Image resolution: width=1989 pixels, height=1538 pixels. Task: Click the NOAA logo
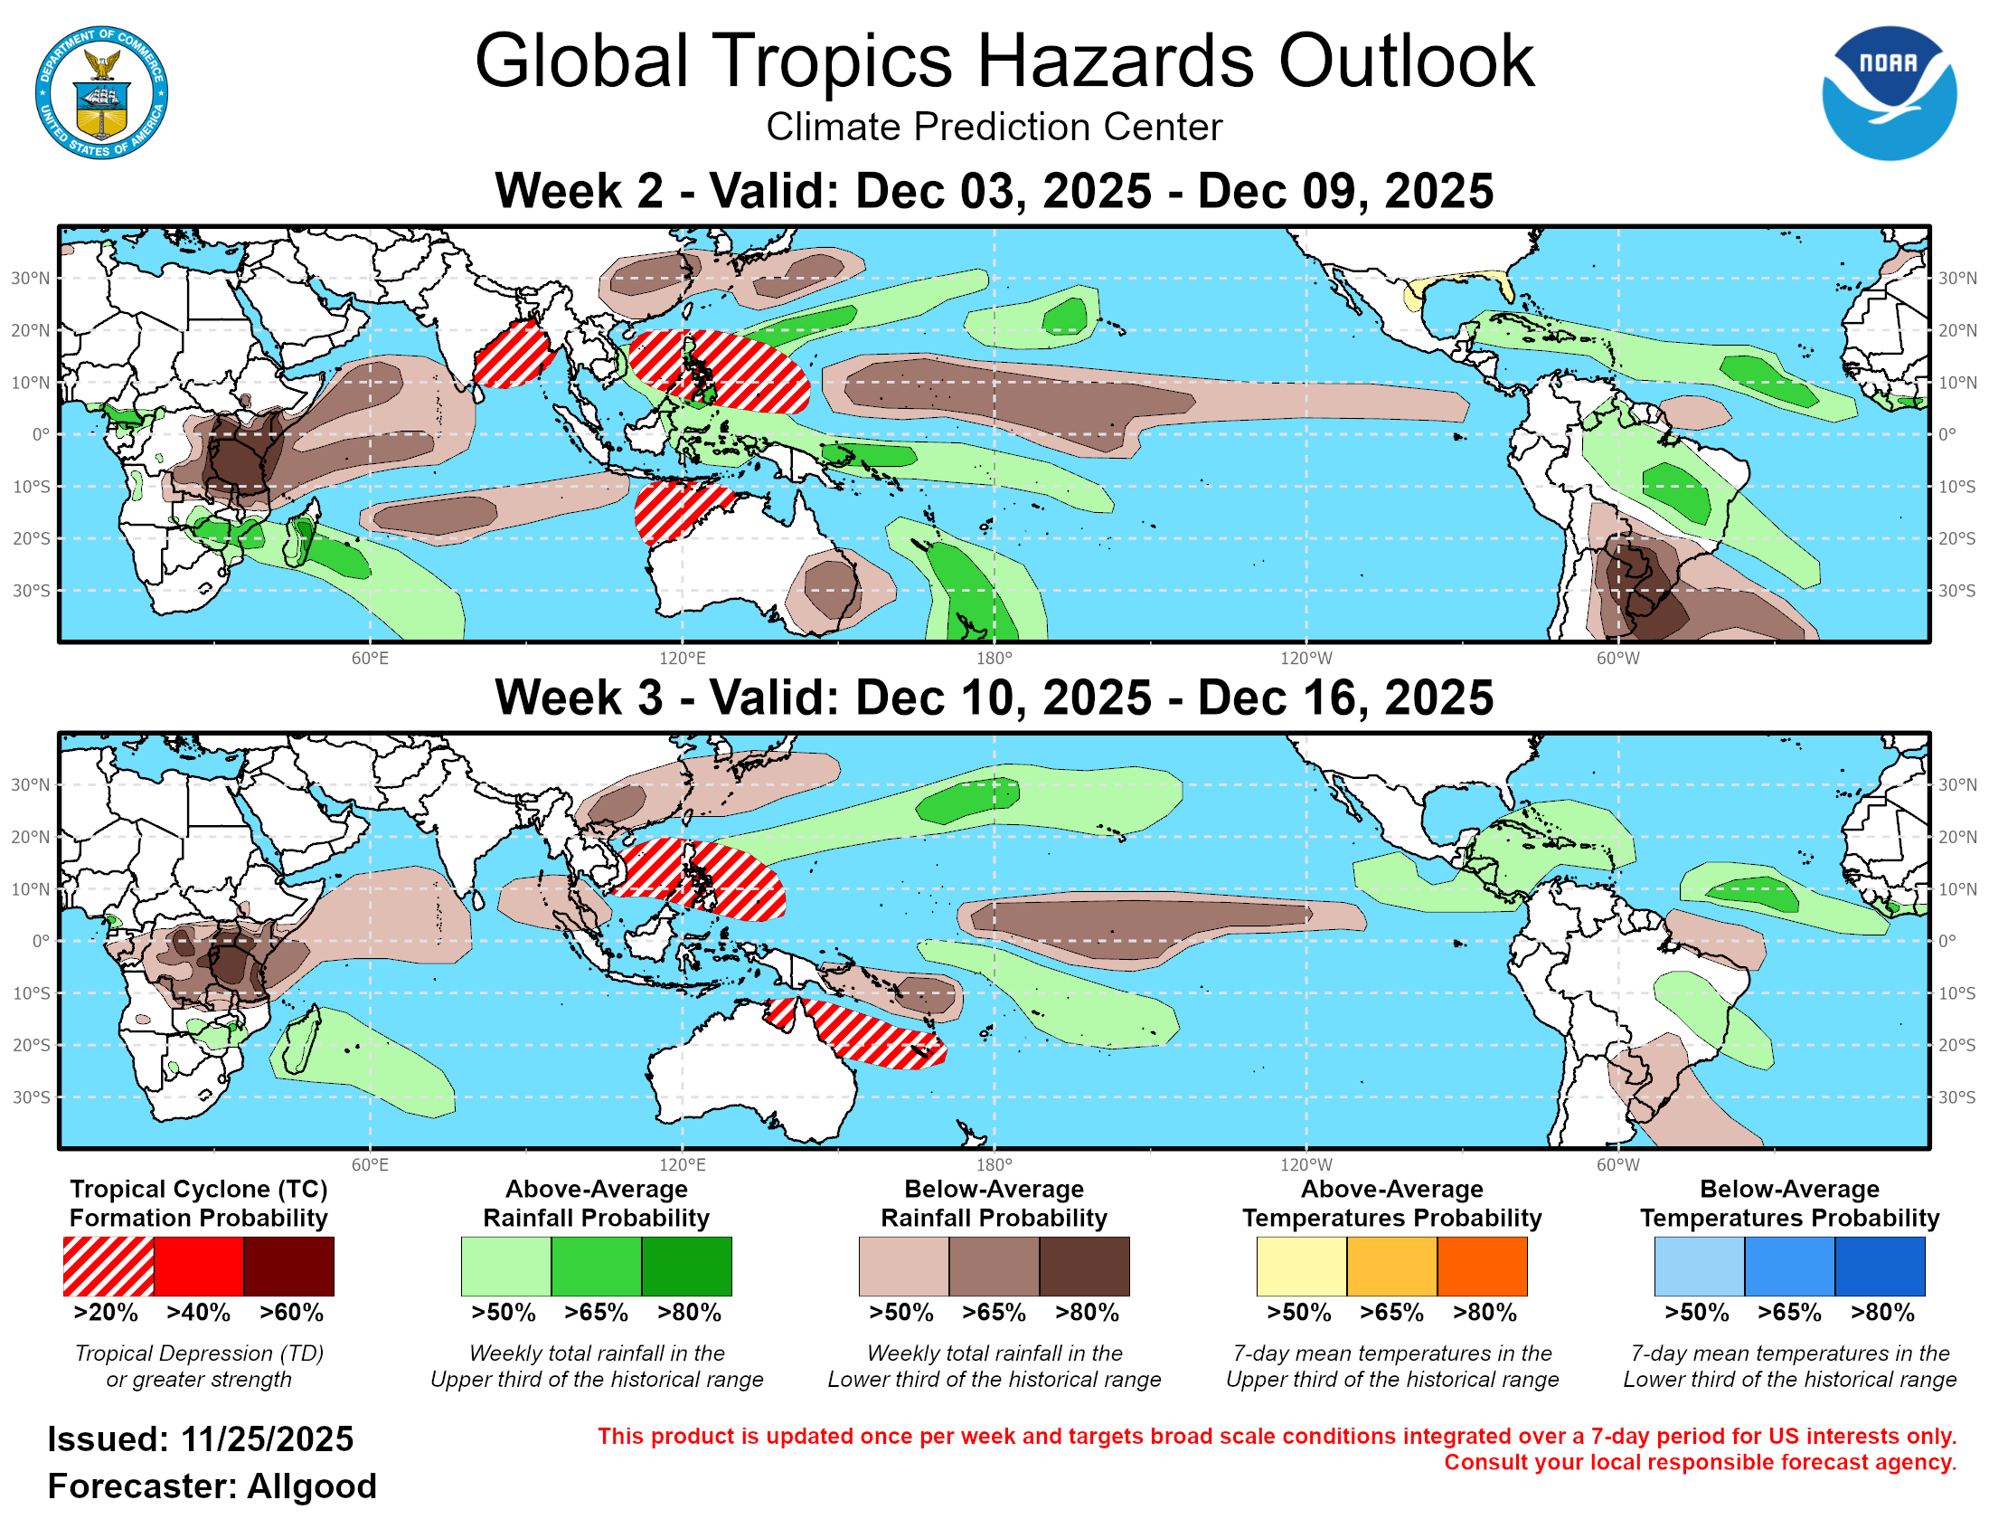coord(1888,93)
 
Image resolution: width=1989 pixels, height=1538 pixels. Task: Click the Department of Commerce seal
coord(101,93)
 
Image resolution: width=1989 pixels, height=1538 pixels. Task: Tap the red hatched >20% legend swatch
coord(108,1266)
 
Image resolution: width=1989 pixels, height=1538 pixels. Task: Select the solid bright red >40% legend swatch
coord(199,1266)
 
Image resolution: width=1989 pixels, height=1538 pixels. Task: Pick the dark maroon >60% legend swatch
coord(288,1266)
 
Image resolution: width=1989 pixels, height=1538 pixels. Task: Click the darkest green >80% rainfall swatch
coord(687,1266)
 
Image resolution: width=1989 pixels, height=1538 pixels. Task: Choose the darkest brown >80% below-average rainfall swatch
coord(1085,1266)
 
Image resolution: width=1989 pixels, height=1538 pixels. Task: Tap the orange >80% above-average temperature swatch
coord(1482,1266)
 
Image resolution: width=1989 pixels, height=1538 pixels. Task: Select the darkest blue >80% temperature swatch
coord(1880,1266)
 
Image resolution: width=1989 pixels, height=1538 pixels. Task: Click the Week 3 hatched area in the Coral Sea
coord(874,1034)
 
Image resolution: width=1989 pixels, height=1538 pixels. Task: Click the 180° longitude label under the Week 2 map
coord(994,658)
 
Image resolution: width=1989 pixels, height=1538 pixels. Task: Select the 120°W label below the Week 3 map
coord(1306,1164)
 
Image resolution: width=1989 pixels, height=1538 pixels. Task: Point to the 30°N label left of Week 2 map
coord(30,278)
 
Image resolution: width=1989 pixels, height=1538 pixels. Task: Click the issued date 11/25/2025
coord(267,1439)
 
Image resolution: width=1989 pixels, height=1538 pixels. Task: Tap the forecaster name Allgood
coord(312,1486)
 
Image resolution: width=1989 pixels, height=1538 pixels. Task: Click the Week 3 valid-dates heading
coord(994,698)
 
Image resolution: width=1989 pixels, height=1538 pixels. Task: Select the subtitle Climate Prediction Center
coord(994,127)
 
